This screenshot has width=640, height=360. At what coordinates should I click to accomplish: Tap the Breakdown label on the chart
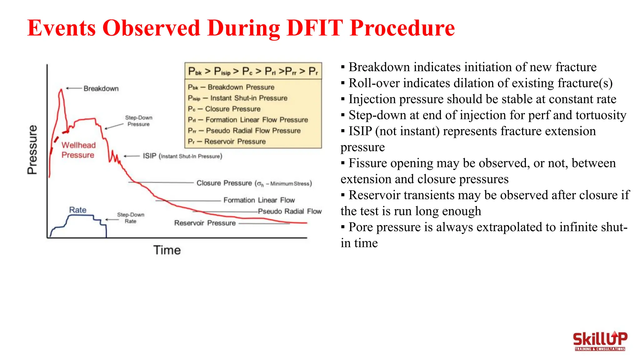(101, 88)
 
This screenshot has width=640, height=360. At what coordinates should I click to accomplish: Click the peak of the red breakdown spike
(61, 90)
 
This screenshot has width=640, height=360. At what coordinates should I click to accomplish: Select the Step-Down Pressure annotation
(138, 121)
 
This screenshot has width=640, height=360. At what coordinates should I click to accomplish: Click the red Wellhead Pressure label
(78, 150)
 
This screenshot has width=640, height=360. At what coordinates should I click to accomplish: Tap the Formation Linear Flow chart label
(259, 200)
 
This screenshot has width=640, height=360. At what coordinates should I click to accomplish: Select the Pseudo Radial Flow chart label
(290, 211)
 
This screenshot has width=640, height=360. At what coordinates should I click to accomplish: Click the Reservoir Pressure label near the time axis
(205, 223)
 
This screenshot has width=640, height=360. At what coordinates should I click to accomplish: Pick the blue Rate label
(77, 210)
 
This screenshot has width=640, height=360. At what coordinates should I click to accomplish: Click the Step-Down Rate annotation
(131, 218)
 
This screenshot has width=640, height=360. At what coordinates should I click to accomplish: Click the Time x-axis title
(167, 250)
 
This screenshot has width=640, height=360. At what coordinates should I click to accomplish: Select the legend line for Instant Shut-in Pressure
(237, 98)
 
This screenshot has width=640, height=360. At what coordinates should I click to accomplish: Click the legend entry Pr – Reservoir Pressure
(227, 142)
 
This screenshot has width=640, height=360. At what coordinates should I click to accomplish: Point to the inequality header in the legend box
(253, 71)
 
